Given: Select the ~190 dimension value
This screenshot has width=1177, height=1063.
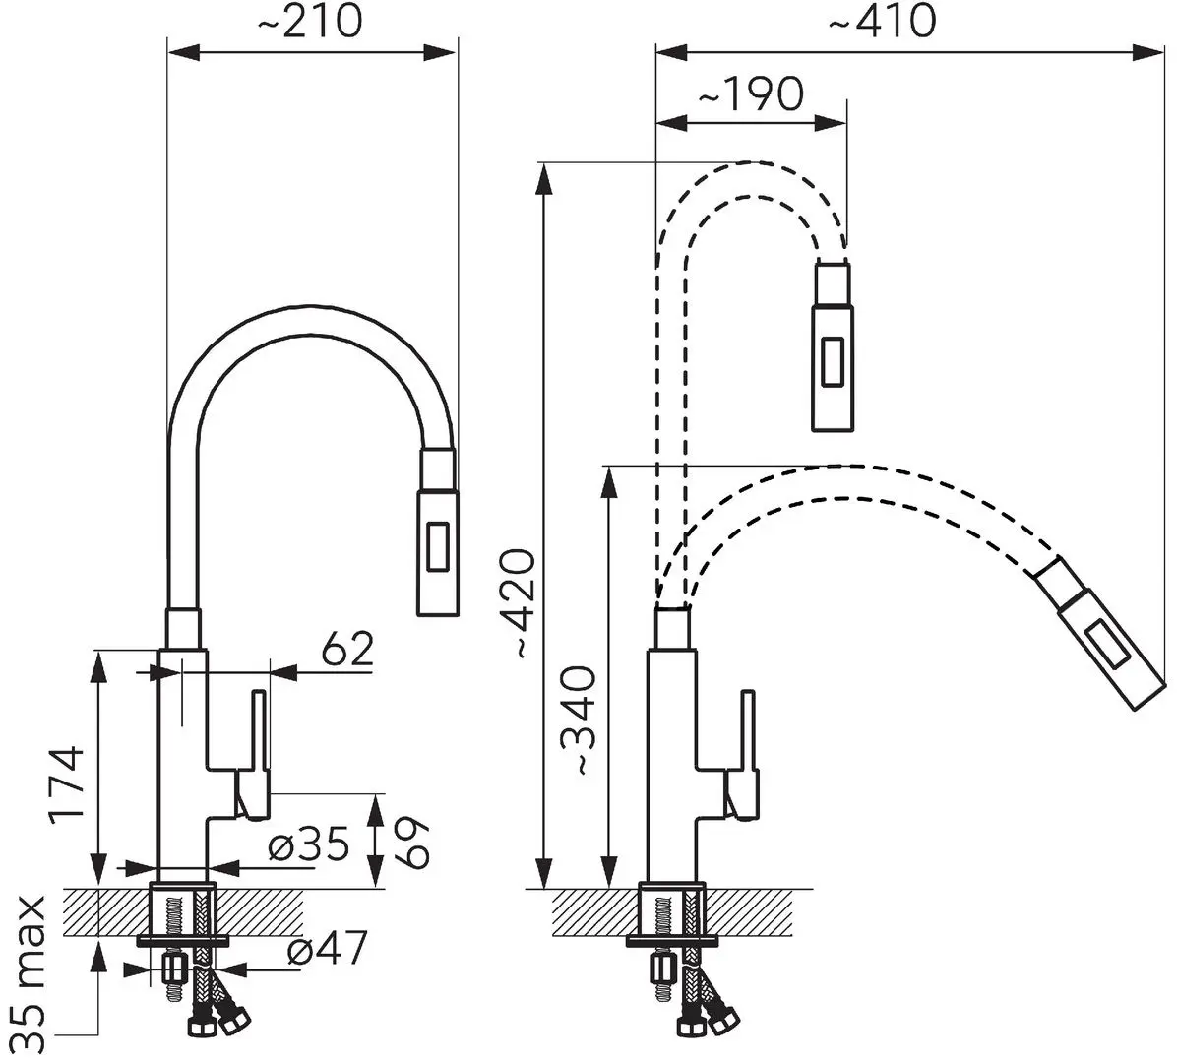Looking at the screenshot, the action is point(751,94).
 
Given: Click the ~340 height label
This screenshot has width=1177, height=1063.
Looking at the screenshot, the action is point(580,720).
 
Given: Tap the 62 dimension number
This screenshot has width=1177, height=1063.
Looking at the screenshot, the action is point(346,650).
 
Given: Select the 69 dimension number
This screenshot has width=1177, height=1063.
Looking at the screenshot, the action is point(411,843).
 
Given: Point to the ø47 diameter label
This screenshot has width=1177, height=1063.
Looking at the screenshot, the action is point(328,948).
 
